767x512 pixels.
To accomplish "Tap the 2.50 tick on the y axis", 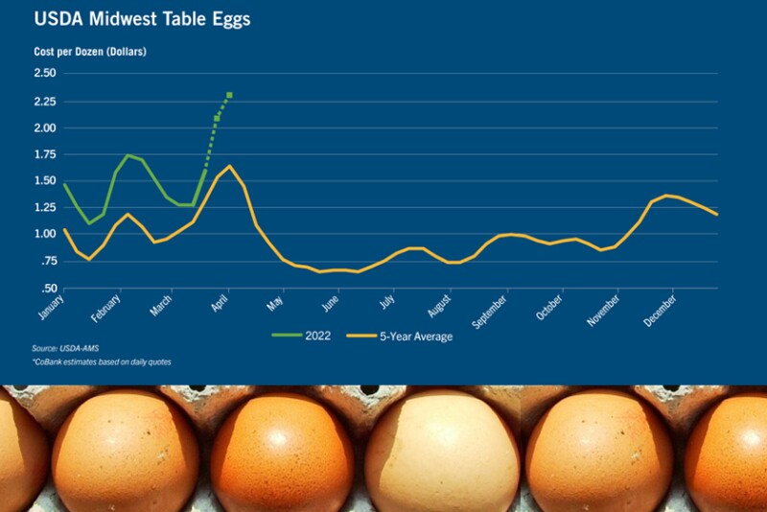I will click(x=44, y=73).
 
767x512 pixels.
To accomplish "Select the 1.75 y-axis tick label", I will click(x=44, y=154).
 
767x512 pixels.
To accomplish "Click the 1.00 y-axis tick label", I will click(x=44, y=235).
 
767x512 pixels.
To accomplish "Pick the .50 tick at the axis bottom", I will click(x=49, y=289).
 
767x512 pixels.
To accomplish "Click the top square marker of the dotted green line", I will click(x=230, y=95).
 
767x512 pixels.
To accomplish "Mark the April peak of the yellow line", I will click(x=230, y=166).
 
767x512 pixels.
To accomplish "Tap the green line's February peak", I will click(x=128, y=155).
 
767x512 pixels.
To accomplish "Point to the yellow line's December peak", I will click(x=667, y=196).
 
